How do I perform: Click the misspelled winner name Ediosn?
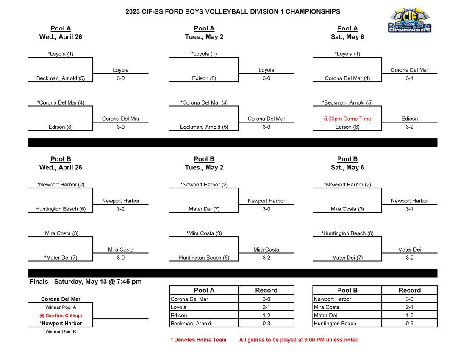(409, 119)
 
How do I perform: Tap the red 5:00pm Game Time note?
(347, 119)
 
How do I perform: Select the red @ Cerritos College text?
(61, 316)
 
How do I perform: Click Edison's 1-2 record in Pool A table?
(266, 316)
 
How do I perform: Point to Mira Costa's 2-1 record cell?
(409, 307)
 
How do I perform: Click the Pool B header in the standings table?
(347, 290)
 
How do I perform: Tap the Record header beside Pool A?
(266, 290)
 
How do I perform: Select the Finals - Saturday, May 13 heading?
(85, 282)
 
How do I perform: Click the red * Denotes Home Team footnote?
(198, 340)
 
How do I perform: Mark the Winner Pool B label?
(61, 332)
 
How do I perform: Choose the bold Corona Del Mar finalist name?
(61, 299)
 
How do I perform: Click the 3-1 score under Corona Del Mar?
(409, 78)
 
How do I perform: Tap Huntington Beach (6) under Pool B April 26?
(61, 209)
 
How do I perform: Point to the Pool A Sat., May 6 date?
(347, 37)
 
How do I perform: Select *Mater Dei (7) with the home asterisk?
(61, 258)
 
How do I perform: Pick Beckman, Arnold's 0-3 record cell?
(266, 324)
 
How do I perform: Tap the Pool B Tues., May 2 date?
(204, 167)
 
